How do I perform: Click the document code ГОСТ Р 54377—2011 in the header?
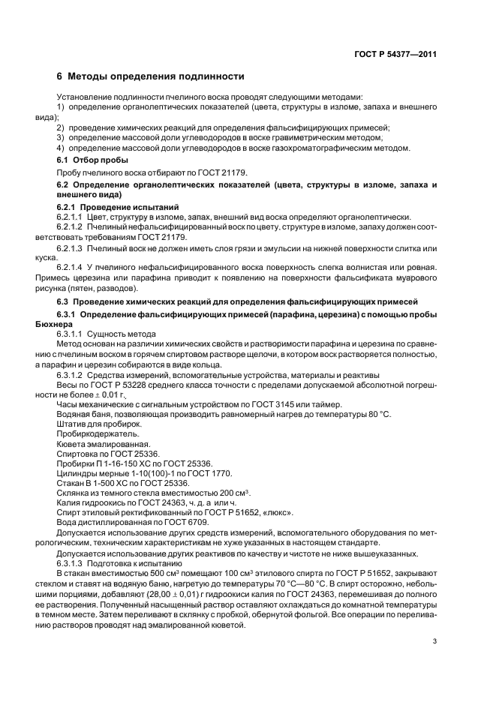tap(395, 54)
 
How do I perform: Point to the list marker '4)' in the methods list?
tap(62, 148)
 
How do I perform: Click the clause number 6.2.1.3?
tap(76, 248)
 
